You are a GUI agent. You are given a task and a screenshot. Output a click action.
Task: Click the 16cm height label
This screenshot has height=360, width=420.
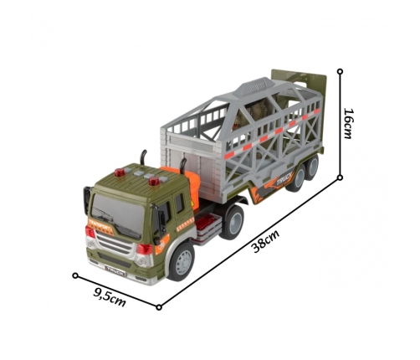tap(349, 123)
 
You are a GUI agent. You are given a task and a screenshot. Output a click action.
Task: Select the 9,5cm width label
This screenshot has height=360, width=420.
tap(109, 297)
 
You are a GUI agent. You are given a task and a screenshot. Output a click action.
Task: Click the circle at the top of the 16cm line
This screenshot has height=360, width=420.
tap(340, 71)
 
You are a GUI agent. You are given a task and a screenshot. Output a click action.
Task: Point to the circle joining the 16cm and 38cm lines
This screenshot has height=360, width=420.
tap(340, 177)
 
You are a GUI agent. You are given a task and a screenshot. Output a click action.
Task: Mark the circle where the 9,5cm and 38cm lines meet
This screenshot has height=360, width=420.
tap(159, 307)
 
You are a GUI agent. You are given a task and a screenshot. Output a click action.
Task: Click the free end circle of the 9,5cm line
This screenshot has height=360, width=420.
tap(75, 275)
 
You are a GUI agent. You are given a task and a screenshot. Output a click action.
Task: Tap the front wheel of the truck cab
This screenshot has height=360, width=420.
tap(182, 261)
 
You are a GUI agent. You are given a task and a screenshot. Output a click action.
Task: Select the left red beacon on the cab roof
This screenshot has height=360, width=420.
tap(120, 172)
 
